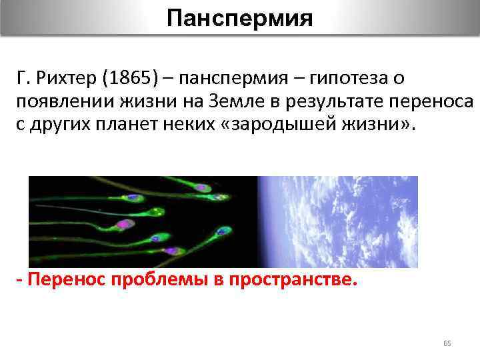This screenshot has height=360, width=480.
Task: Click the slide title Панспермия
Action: coord(239,18)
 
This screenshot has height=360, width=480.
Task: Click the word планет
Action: coord(137,127)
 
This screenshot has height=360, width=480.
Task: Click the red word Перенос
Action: coord(63,281)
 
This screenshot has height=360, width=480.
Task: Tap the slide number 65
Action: coord(447,343)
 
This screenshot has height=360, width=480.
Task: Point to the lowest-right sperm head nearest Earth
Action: coord(220,231)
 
